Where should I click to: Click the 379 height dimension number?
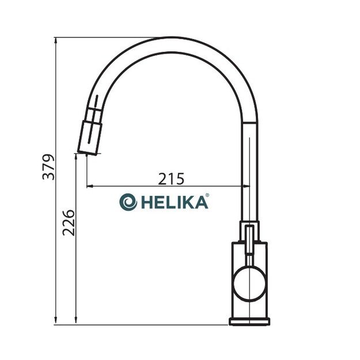tap(50, 167)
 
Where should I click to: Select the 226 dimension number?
tap(69, 222)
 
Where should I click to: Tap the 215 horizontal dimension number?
tap(171, 179)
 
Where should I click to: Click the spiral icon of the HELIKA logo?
tap(128, 202)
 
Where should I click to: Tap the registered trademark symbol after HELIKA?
tap(207, 196)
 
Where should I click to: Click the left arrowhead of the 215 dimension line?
tap(89, 186)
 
